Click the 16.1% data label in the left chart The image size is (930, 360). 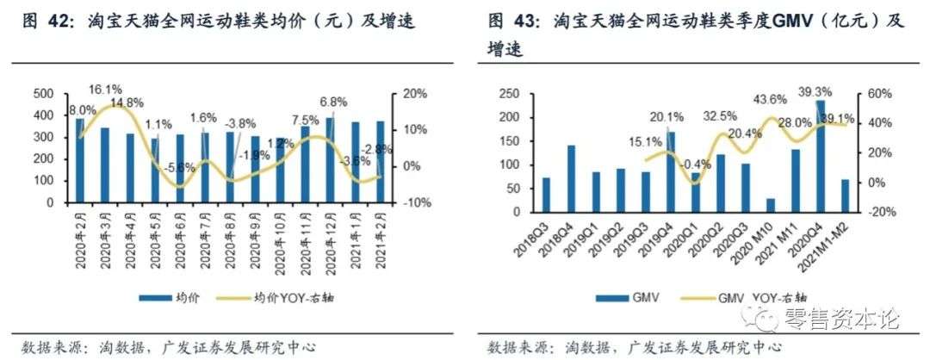pos(104,89)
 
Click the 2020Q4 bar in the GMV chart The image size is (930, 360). pos(820,156)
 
